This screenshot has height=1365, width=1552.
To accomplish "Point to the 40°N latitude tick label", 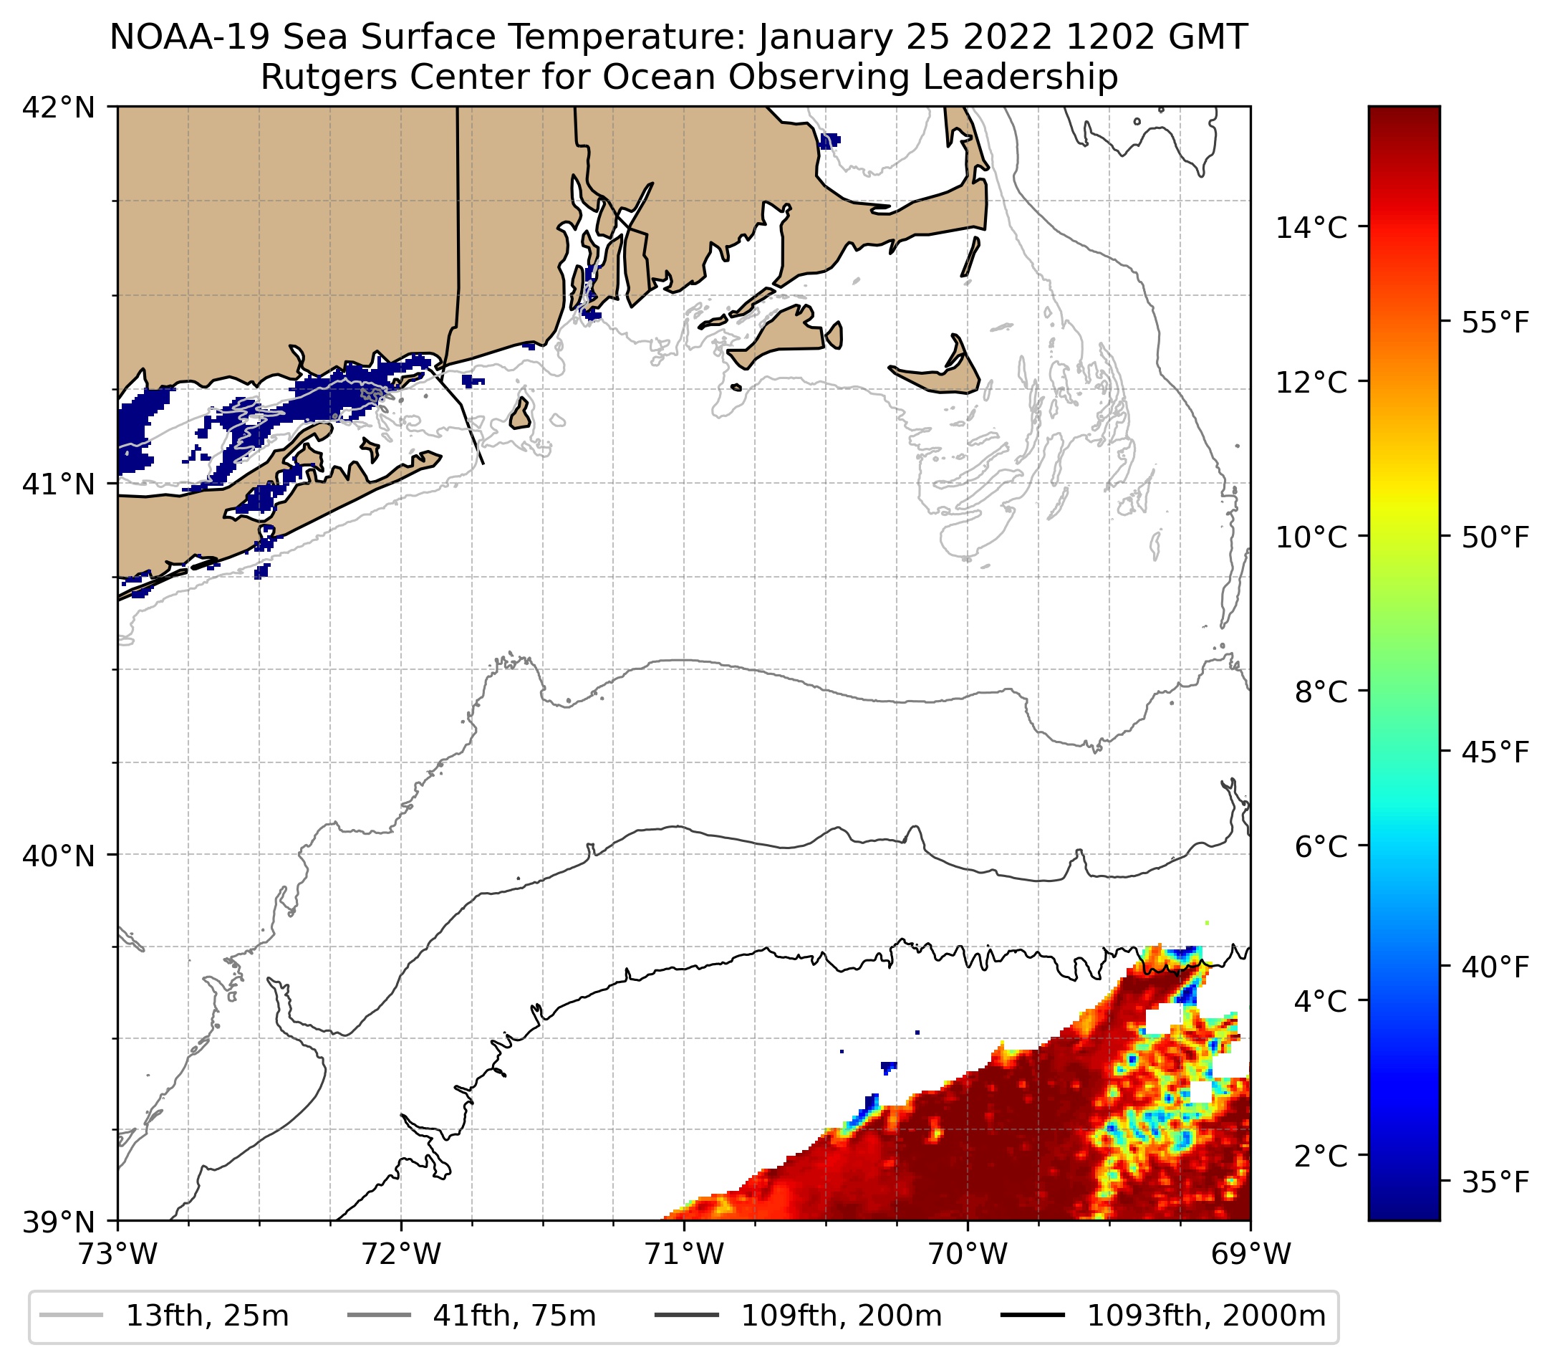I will coord(59,856).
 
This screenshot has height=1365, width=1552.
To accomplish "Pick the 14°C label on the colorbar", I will coord(1311,227).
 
